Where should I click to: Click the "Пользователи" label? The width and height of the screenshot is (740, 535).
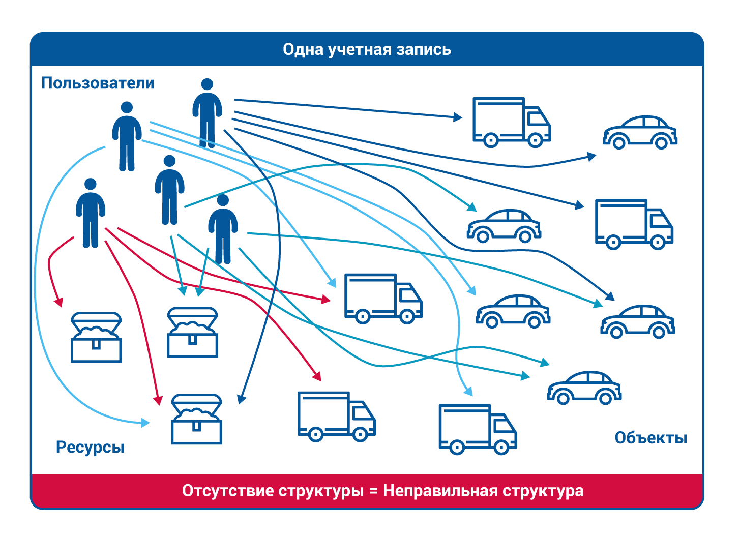point(98,83)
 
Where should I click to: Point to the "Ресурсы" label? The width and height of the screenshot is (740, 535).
point(90,448)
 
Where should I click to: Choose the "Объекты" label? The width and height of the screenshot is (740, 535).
point(650,438)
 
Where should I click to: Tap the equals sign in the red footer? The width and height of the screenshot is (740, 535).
point(374,492)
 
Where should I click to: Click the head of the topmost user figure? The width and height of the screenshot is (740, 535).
point(207,84)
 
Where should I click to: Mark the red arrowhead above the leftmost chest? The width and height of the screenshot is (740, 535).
point(58,302)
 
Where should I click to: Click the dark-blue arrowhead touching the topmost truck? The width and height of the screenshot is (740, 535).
point(458,117)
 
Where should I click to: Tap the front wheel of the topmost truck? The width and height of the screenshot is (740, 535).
point(535,140)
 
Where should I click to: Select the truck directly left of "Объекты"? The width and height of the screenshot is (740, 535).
point(477,429)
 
